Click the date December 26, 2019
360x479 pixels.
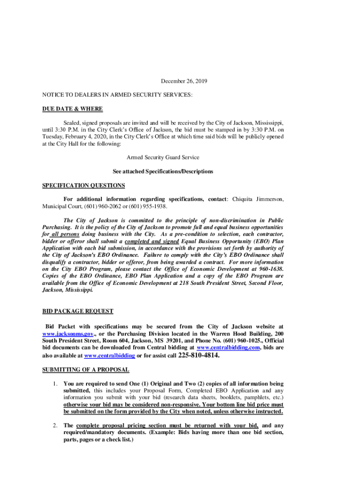pos(184,81)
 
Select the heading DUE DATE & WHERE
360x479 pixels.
pos(72,109)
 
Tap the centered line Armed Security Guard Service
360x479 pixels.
pos(163,158)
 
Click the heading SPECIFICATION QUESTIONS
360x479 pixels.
pos(84,185)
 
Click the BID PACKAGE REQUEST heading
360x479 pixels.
pos(78,311)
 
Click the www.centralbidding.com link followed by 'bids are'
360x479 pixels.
pos(228,348)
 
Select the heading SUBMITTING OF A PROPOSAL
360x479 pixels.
pos(86,370)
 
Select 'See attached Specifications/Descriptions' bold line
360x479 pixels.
pos(163,172)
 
